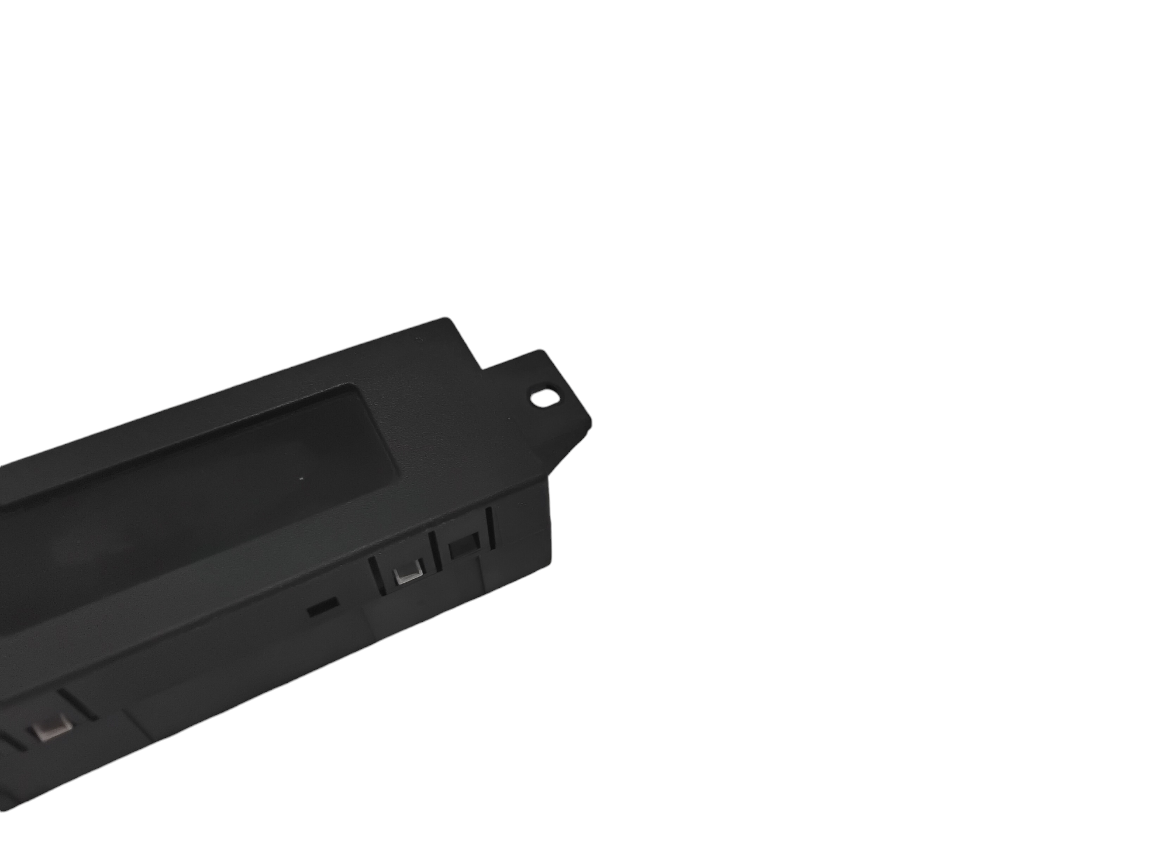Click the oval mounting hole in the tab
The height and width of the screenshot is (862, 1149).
pyautogui.click(x=541, y=396)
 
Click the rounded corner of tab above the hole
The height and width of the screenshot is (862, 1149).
pyautogui.click(x=541, y=352)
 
